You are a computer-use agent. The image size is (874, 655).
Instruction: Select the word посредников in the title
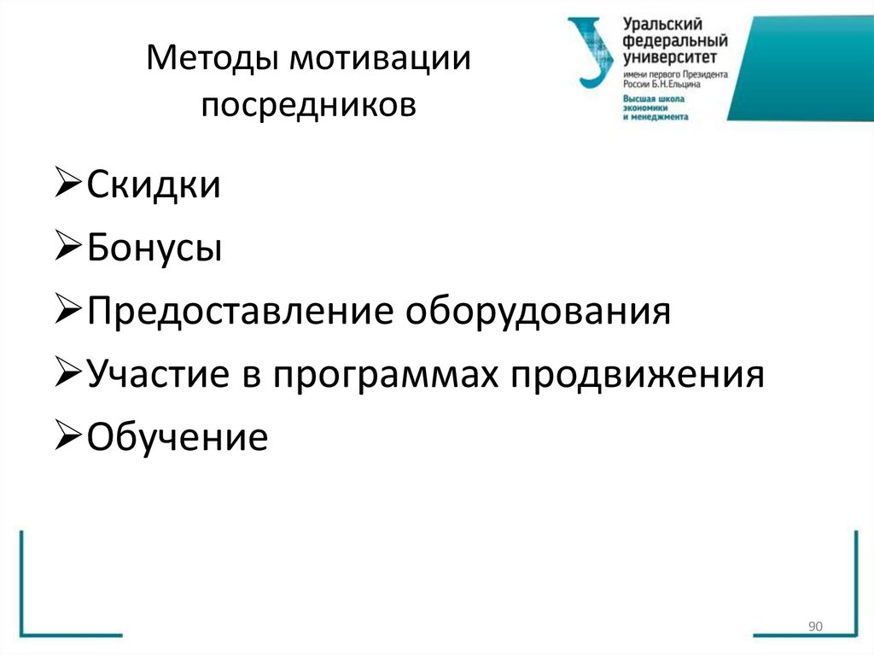tap(308, 106)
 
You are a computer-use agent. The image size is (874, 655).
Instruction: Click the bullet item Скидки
tap(154, 185)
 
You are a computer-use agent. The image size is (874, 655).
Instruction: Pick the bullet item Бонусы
tap(154, 249)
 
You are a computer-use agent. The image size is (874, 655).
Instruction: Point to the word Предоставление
tap(240, 312)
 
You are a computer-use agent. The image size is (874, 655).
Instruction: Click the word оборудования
tap(539, 312)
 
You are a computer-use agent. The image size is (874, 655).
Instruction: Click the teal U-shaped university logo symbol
tap(592, 51)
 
